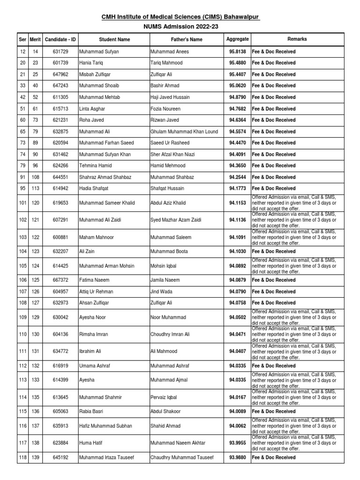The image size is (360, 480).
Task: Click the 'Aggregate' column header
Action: (238, 39)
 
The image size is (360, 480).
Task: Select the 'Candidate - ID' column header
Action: (60, 40)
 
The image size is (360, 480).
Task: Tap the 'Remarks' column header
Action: (297, 39)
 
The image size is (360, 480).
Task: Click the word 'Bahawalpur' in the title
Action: (238, 17)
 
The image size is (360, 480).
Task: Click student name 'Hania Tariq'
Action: (91, 63)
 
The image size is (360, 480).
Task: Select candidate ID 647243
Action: (60, 86)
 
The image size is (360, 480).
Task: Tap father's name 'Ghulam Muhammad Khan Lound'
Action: (184, 132)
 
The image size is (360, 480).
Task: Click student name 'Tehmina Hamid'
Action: (96, 166)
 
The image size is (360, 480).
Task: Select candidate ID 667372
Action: (60, 280)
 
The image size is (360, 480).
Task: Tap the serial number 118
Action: (22, 457)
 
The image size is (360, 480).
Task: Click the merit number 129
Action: (36, 317)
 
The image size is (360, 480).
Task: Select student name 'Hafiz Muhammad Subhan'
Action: (105, 426)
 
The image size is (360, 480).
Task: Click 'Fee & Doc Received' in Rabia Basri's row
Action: (274, 412)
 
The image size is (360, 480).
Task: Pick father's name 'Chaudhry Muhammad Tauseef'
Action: (182, 457)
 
